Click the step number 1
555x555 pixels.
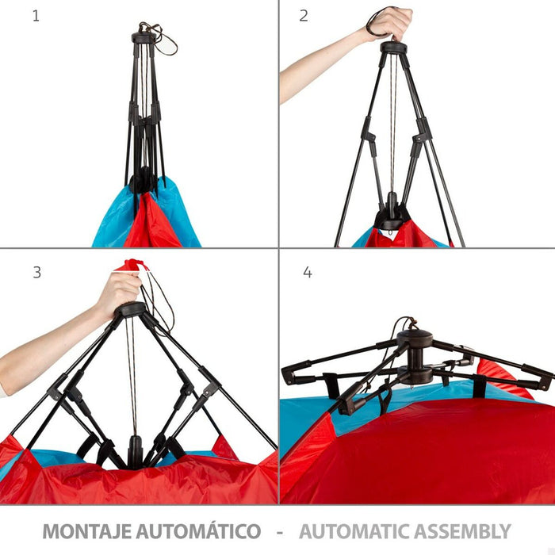click(x=36, y=16)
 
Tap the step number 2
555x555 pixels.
click(x=304, y=16)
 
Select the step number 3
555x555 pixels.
click(x=36, y=272)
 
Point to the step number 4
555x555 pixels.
click(x=308, y=272)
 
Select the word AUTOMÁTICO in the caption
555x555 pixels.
click(x=199, y=530)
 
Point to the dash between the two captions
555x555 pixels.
click(x=280, y=532)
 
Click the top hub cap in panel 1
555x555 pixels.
click(x=144, y=36)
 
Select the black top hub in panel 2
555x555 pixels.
click(x=393, y=48)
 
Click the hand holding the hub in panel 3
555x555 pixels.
click(x=118, y=293)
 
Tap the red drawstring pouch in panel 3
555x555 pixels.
click(x=132, y=265)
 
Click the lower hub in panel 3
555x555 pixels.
click(x=135, y=451)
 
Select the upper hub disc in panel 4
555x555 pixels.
click(x=415, y=338)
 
